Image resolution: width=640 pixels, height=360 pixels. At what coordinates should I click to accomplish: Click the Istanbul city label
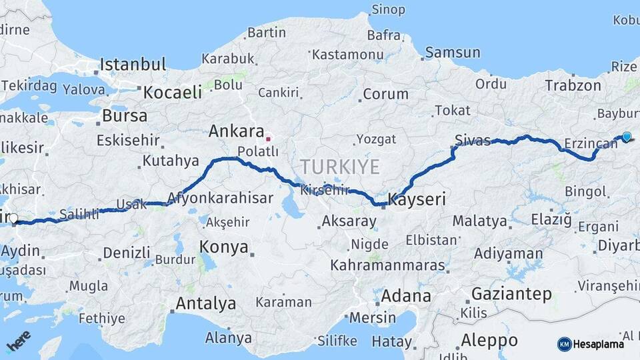[x=133, y=65]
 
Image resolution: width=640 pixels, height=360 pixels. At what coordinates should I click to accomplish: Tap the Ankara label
[x=236, y=131]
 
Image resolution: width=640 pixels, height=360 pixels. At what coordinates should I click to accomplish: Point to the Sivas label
[x=473, y=140]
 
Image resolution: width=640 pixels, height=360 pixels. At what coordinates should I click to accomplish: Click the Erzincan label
[x=591, y=143]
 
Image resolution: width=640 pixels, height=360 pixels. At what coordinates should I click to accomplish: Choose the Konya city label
[x=224, y=247]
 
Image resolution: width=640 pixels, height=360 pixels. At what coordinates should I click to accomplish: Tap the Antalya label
[x=205, y=304]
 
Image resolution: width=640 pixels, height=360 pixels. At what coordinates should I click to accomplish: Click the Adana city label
[x=406, y=295]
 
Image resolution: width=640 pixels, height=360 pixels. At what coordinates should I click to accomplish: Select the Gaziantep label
[x=511, y=293]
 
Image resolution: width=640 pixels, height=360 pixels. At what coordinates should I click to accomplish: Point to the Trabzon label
[x=573, y=85]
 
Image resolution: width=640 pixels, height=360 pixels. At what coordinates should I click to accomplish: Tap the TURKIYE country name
[x=339, y=166]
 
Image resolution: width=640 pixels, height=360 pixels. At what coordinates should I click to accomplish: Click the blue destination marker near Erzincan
[x=626, y=137]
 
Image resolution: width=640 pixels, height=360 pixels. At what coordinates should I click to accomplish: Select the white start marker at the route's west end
[x=13, y=217]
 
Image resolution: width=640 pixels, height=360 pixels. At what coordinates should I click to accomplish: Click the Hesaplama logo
[x=591, y=344]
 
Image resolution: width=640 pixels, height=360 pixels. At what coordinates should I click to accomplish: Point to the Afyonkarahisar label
[x=220, y=198]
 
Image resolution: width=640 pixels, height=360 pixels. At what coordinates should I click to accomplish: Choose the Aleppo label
[x=489, y=339]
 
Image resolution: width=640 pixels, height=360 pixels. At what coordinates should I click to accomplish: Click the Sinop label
[x=388, y=9]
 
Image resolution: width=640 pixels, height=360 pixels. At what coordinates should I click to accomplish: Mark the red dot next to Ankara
[x=268, y=139]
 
